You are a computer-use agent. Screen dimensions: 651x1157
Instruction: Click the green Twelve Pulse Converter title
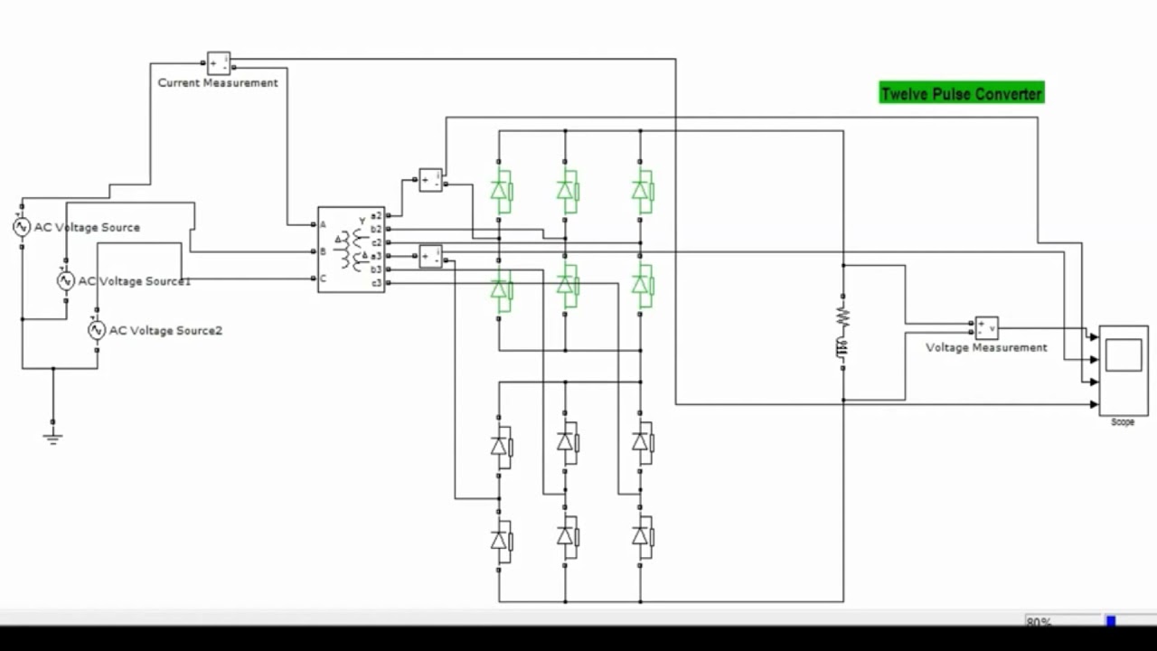coord(961,93)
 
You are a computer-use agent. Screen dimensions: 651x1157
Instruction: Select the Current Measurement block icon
coord(219,63)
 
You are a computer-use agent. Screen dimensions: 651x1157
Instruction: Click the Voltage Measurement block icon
coord(986,326)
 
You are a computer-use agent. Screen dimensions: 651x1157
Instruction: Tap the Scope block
coord(1123,369)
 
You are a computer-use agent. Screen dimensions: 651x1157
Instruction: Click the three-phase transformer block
coord(351,249)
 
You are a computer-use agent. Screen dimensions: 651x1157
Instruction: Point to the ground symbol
coord(52,438)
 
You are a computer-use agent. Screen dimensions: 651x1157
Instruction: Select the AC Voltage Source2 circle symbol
coord(97,331)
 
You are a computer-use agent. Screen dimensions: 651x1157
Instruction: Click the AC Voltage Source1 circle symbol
coord(65,281)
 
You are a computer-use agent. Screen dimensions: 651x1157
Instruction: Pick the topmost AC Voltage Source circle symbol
coord(22,227)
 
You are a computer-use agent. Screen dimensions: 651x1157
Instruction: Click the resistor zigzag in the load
coord(842,316)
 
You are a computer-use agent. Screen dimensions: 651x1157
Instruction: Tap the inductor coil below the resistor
coord(842,347)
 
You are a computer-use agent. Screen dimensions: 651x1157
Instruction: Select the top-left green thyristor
coord(500,191)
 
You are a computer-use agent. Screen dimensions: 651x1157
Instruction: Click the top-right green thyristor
coord(641,191)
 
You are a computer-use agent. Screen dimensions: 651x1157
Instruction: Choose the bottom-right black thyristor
coord(641,537)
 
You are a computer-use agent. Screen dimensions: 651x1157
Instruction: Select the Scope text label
coord(1122,422)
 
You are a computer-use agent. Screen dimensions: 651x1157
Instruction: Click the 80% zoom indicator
coord(1039,622)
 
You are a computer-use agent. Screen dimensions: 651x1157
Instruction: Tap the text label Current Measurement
coord(218,83)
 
